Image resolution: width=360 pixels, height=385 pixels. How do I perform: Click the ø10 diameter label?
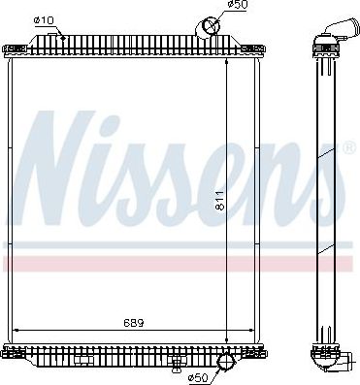point(43,18)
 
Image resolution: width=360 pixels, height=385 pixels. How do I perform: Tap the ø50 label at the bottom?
point(198,375)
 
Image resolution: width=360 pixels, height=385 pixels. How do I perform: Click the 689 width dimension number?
point(132,320)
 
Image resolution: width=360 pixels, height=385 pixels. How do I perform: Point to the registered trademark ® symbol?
point(347,147)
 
